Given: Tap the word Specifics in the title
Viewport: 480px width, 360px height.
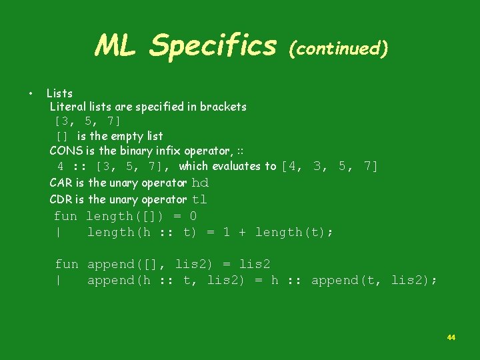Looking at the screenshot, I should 213,46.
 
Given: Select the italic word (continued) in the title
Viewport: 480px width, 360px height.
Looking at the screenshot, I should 337,48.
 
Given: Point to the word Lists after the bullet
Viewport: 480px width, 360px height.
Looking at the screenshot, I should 59,93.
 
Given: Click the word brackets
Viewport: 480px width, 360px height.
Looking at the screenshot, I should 223,107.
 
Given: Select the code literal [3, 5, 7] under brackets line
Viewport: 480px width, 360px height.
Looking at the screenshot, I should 87,121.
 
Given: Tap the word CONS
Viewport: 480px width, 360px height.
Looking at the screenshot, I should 65,151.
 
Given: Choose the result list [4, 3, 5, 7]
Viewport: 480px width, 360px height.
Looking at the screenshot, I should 330,166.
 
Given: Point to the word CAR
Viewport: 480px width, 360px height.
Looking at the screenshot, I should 61,183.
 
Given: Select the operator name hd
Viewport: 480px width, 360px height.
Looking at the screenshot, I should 200,183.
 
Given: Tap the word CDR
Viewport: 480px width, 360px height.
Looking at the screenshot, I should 61,199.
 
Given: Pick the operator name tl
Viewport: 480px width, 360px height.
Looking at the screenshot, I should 199,199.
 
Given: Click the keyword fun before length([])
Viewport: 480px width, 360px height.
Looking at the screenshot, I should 65,216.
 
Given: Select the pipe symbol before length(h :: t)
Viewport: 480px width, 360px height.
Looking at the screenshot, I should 59,232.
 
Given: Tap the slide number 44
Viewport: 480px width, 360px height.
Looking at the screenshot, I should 451,338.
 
